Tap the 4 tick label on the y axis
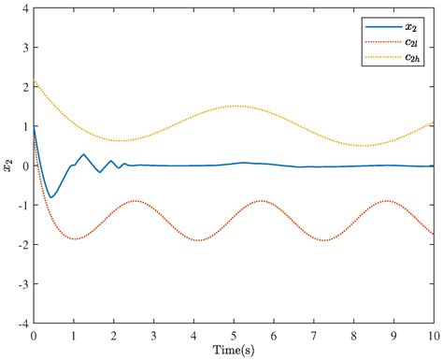pos(24,7)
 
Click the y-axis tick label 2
pos(24,86)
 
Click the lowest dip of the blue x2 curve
pos(51,197)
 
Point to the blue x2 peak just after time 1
pos(83,154)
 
